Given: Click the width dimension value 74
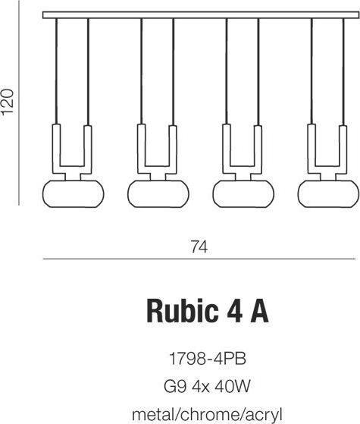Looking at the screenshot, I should coord(199,247).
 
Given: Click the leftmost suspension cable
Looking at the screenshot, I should coord(56,68).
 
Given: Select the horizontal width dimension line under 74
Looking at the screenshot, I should coord(199,260).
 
